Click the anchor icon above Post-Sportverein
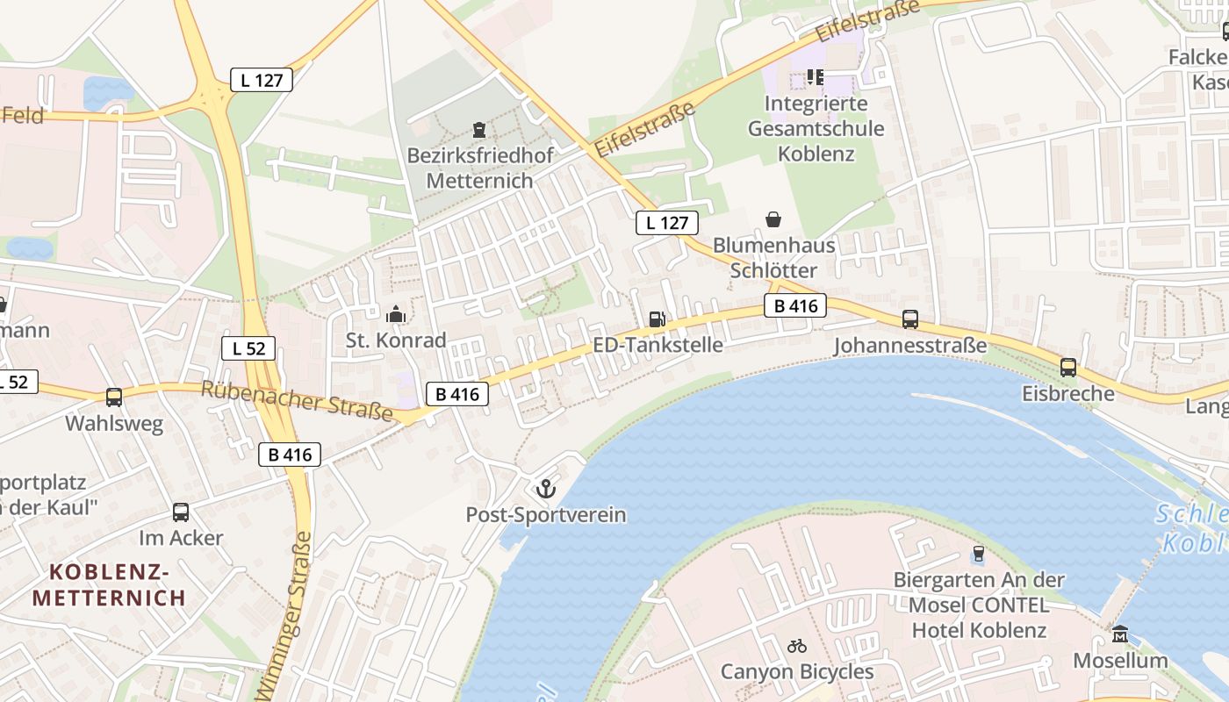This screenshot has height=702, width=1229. tap(546, 488)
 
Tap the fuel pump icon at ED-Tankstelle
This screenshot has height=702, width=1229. tap(657, 319)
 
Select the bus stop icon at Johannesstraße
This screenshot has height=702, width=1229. tap(910, 319)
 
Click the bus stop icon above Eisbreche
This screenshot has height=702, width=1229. tap(1067, 368)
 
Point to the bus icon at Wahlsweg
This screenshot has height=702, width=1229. tap(114, 398)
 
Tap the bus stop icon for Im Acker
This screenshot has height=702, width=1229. tap(181, 512)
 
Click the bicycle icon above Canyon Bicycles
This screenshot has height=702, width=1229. tap(797, 646)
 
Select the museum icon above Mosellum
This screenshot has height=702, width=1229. tap(1120, 634)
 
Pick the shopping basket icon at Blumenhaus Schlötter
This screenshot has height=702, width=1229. tap(773, 218)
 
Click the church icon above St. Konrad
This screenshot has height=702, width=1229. tap(396, 313)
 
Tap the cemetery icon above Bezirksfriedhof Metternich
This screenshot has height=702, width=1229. tap(479, 131)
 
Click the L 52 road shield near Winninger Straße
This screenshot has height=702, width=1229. tap(248, 348)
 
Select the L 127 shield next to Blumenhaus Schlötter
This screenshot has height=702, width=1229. tap(667, 223)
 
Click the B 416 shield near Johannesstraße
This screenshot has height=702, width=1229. tap(795, 305)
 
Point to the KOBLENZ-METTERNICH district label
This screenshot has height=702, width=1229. tap(109, 585)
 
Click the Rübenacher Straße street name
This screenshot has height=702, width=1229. tap(296, 400)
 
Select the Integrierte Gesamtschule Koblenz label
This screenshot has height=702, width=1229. tap(816, 129)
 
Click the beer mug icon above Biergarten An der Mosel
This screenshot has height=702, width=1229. tap(978, 555)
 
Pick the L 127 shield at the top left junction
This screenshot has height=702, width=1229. tap(262, 80)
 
